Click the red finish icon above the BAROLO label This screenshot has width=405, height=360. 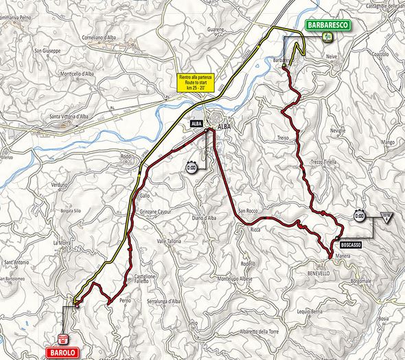(64, 337)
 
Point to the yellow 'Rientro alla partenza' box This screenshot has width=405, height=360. (196, 84)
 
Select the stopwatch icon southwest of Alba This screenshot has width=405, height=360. (192, 166)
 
